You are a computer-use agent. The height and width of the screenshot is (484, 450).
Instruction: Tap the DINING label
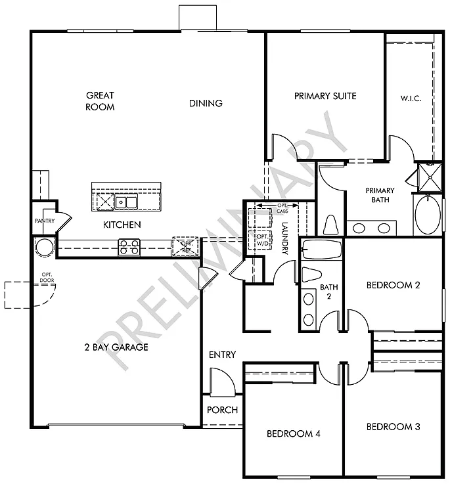206,103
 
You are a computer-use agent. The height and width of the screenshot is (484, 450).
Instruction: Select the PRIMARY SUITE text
325,96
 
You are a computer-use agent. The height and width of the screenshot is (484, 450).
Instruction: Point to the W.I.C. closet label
411,99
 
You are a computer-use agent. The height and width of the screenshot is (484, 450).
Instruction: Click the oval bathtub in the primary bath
428,215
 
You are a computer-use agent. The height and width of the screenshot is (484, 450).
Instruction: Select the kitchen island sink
125,202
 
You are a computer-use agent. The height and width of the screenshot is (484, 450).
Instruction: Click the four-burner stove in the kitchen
129,247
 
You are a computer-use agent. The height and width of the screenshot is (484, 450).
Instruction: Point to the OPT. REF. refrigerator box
181,246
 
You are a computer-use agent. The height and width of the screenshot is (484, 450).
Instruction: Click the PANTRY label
45,221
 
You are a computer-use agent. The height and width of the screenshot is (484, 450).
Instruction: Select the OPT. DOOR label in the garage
47,276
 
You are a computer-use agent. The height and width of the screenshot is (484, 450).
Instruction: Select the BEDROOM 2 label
393,285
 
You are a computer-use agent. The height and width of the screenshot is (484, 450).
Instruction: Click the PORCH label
222,410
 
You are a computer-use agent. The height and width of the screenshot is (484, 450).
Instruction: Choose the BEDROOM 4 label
292,433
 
